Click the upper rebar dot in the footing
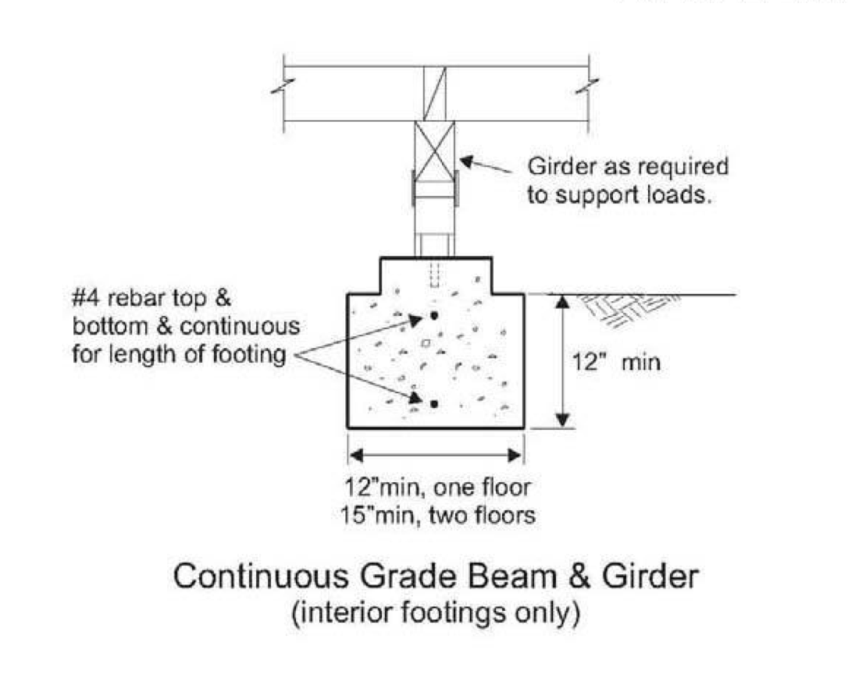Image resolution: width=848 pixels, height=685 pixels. coord(433,315)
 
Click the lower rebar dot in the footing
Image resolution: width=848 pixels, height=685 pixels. coord(433,403)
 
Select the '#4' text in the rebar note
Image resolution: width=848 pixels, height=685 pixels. coord(86,298)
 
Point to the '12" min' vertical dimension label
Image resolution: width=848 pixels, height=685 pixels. coord(616,361)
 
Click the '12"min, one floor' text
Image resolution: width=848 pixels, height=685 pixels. coord(437,488)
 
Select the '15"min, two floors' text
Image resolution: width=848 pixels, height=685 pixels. coord(437,516)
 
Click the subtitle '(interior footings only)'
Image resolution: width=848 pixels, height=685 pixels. coord(436,612)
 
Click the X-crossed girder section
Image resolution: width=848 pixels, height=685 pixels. coord(434,151)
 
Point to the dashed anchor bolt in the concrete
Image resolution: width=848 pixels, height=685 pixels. coord(433,275)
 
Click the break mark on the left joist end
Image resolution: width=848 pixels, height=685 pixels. coord(283,86)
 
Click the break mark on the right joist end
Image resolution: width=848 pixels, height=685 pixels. coord(588,86)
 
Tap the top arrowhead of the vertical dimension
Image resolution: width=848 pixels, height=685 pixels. coord(563,301)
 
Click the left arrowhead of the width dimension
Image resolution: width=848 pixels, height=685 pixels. coord(356,456)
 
